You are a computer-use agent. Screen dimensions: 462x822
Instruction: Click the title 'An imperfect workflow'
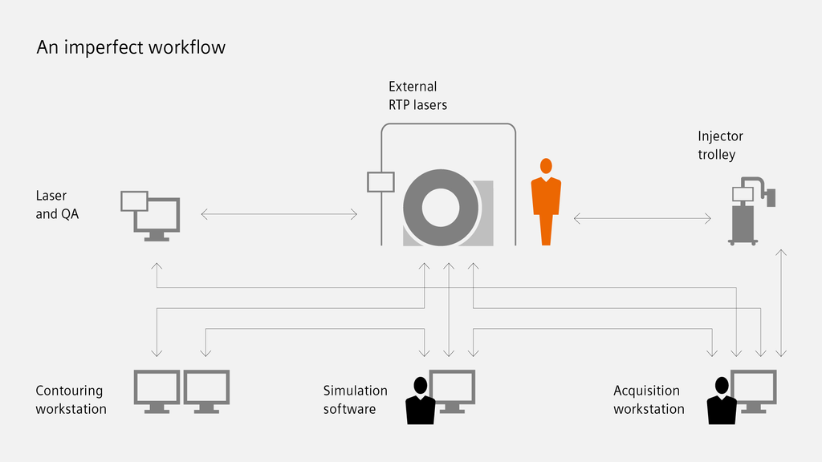[131, 47]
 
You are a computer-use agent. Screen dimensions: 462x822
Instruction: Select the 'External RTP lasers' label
[417, 95]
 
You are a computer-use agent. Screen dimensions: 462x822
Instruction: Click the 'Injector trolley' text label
[720, 145]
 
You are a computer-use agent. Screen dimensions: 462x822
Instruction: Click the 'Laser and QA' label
[51, 205]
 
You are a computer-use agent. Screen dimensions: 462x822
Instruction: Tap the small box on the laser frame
[380, 182]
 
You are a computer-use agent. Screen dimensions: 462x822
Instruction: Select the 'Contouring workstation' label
[71, 399]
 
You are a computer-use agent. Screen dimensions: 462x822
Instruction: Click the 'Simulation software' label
[355, 399]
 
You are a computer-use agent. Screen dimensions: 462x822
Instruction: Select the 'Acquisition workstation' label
[649, 399]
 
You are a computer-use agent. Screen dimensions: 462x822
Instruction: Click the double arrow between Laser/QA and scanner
[279, 214]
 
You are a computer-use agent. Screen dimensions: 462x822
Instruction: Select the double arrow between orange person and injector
[643, 218]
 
